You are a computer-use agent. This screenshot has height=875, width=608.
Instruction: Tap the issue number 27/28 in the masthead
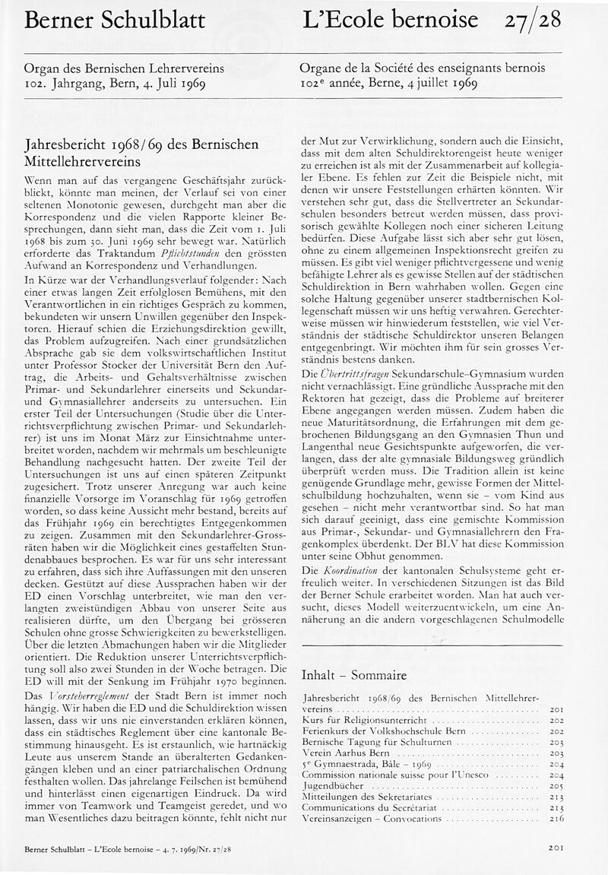point(533,21)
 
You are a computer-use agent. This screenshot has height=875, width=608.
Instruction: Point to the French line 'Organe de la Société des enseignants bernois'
point(422,68)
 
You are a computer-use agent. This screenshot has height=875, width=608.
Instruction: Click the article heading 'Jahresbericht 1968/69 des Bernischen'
point(141,144)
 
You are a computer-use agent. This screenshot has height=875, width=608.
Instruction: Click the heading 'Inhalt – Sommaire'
point(353,674)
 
